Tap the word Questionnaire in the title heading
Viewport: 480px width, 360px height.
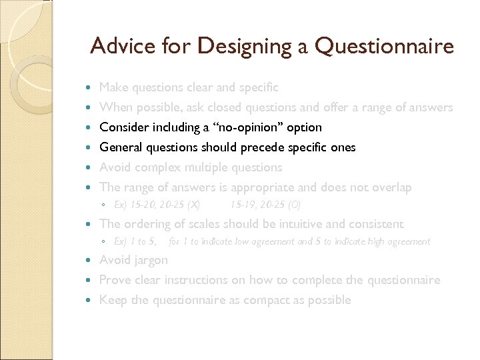(384, 46)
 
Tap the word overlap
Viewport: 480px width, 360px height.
(391, 187)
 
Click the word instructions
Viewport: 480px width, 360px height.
(203, 280)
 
